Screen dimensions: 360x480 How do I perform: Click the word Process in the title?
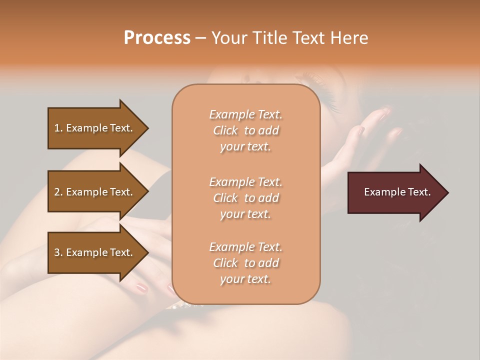157,38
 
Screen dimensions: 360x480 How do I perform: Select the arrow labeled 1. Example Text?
95,128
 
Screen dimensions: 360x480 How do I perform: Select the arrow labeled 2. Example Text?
95,192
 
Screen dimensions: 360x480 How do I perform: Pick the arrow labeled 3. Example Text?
95,252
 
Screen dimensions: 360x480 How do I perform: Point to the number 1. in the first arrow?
58,128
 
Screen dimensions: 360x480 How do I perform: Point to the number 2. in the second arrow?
58,192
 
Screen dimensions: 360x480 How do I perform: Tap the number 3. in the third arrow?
58,252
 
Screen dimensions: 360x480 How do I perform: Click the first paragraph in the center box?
245,130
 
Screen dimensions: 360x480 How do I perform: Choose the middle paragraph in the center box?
245,198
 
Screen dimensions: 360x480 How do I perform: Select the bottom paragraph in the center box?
245,263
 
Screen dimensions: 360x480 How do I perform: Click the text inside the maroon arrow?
397,192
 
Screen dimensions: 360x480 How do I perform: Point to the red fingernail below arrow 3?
142,288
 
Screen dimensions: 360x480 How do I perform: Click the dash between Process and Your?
201,38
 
